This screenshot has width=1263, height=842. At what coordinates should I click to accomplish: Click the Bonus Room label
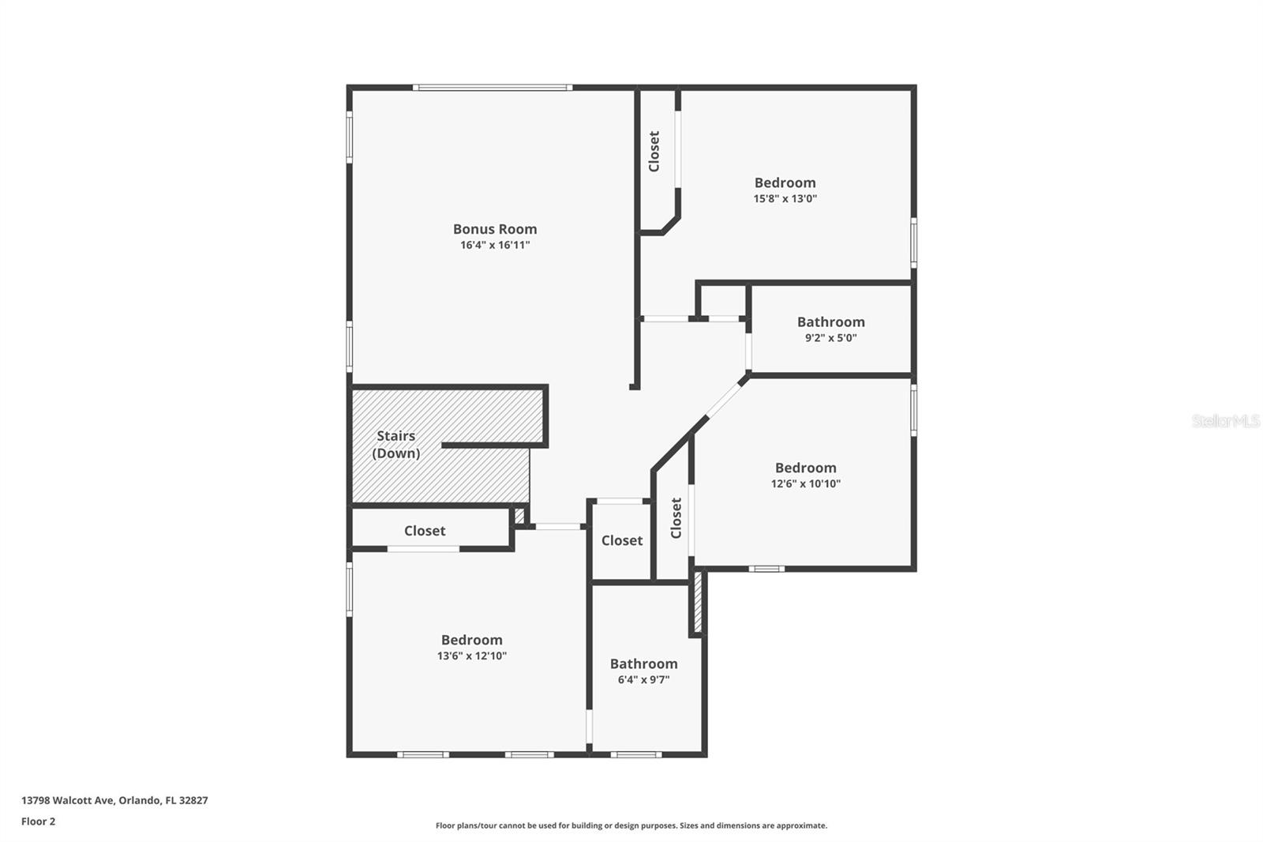[x=495, y=229]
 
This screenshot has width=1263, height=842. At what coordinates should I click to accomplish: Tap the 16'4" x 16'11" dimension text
[x=495, y=246]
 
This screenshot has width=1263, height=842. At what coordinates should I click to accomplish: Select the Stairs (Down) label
[x=395, y=445]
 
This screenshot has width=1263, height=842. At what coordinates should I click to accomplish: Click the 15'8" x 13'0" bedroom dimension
[x=785, y=199]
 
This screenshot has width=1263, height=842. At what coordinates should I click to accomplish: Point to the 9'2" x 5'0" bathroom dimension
[x=830, y=338]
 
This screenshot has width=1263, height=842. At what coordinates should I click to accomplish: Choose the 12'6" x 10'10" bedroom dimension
[x=805, y=484]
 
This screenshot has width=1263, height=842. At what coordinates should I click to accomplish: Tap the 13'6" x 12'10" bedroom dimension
[x=471, y=656]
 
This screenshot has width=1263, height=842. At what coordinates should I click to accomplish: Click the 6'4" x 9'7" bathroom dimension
[x=643, y=680]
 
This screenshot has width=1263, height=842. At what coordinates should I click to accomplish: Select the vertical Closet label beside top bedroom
[x=654, y=151]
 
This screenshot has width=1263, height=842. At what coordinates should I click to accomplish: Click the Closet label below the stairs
[x=425, y=531]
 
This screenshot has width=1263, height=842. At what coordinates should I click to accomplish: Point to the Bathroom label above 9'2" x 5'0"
[x=830, y=321]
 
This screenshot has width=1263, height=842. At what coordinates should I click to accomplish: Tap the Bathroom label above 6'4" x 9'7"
[x=643, y=663]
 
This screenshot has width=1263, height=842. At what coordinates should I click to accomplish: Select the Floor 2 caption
[x=38, y=821]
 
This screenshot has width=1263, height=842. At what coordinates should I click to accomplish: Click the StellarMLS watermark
[x=1225, y=421]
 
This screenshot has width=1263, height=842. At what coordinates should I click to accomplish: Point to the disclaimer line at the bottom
[x=631, y=825]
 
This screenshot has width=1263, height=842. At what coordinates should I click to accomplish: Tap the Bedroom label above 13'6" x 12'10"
[x=471, y=640]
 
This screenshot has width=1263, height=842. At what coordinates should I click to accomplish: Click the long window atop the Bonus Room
[x=492, y=88]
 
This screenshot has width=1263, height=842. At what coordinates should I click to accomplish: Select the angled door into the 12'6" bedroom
[x=722, y=402]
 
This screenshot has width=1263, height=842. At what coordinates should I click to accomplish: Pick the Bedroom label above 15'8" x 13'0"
[x=785, y=182]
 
